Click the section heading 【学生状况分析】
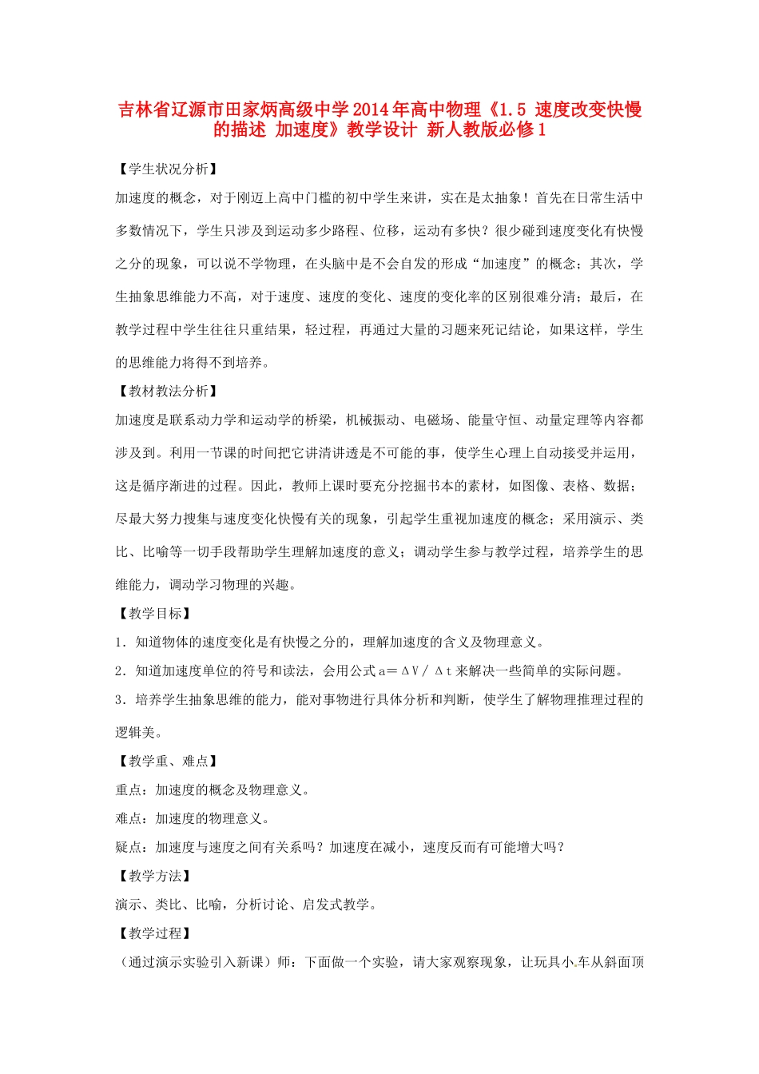click(168, 169)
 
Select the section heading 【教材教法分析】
click(168, 391)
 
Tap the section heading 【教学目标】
click(154, 613)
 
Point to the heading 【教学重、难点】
click(168, 761)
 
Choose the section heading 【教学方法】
click(154, 876)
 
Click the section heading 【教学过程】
click(154, 933)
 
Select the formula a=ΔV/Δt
click(415, 670)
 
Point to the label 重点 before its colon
click(129, 790)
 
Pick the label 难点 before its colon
click(129, 818)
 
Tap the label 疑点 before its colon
click(129, 847)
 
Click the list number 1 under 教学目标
click(119, 642)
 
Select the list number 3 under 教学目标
click(119, 699)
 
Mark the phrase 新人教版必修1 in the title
click(487, 129)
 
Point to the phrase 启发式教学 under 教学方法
click(336, 905)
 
